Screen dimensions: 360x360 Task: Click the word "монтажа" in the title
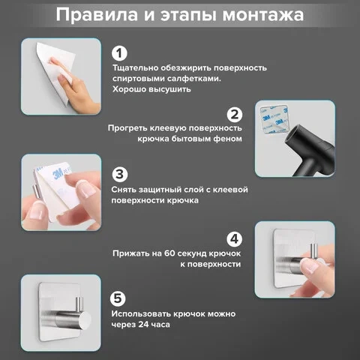pos(263,15)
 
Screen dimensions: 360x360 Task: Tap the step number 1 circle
pos(119,53)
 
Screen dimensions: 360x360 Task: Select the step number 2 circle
pos(235,115)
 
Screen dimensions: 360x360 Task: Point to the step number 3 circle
pos(120,175)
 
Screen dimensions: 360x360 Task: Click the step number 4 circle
pos(235,239)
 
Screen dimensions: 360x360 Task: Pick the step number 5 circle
pos(118,298)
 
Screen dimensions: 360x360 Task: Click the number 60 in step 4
pos(170,253)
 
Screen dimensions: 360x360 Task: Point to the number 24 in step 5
pos(143,325)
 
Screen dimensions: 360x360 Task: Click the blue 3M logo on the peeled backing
pos(58,174)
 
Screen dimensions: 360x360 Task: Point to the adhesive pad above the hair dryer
pos(274,119)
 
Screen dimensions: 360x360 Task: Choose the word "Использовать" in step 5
pos(141,314)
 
